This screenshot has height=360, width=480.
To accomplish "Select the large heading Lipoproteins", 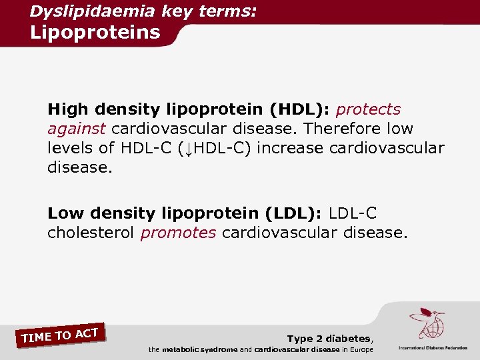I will click(x=95, y=32).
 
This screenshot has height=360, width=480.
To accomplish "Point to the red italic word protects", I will click(x=369, y=109).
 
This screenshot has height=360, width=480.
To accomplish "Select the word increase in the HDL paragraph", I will click(x=288, y=148).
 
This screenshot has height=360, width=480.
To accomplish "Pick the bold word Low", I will click(x=65, y=213).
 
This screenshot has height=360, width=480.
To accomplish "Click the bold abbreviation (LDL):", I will click(x=294, y=213).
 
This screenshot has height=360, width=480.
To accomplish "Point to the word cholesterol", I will click(x=91, y=233).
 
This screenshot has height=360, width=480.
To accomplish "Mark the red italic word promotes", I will click(x=178, y=233).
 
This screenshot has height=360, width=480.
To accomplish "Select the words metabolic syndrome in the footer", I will click(x=199, y=350).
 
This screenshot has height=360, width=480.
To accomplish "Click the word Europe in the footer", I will click(x=360, y=350).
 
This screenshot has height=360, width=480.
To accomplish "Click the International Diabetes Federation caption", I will click(x=433, y=348).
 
